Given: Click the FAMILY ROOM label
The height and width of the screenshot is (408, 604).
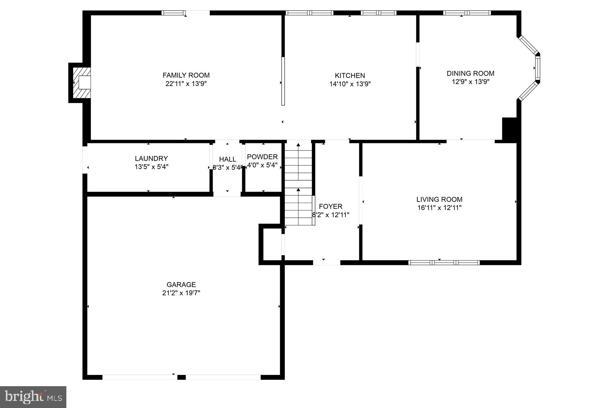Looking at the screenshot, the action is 186,75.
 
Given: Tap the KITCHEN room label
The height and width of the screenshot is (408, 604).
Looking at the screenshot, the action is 350,76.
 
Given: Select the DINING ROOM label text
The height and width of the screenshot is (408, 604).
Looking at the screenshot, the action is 470,73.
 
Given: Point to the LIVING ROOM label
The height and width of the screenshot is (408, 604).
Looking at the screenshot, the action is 439,199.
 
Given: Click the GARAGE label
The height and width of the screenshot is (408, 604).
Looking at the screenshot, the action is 181,285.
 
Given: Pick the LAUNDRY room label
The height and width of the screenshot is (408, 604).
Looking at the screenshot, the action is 151,158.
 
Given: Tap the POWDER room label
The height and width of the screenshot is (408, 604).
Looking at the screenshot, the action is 262,157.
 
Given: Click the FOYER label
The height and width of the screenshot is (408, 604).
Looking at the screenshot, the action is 331,207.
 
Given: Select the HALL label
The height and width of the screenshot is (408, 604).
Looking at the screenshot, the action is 227,159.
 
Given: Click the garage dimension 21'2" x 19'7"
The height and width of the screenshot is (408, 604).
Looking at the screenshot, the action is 181,293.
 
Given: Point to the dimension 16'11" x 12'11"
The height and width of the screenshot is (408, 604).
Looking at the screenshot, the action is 439,208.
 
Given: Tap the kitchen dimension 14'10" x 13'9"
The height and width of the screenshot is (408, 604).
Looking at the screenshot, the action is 350,84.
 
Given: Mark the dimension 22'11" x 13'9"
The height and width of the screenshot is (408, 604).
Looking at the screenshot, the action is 186,83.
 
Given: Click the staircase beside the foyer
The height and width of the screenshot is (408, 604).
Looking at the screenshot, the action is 298,183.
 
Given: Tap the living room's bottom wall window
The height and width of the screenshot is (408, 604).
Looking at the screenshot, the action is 444,263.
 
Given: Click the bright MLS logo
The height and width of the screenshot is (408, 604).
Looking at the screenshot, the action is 33,397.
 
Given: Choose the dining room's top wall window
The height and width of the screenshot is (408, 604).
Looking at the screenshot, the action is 467,13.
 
